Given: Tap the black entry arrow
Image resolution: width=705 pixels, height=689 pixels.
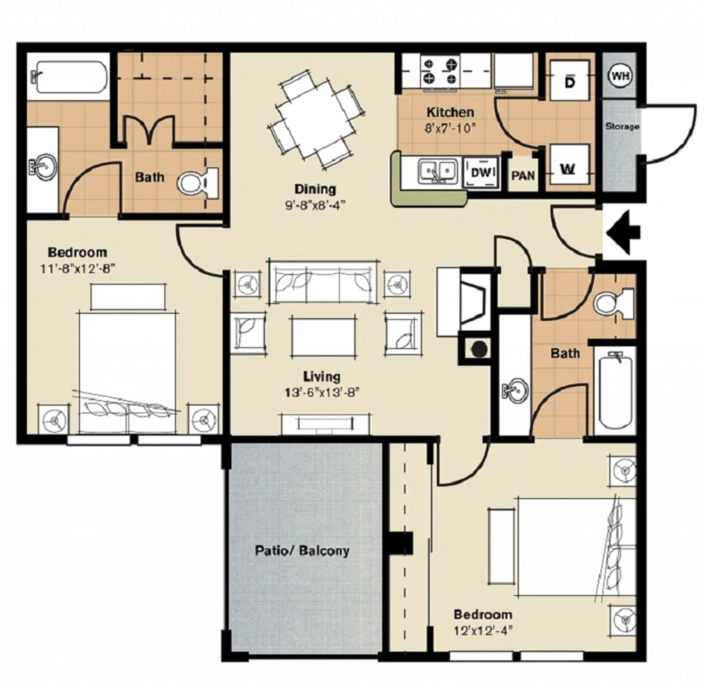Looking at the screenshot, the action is click(623, 233).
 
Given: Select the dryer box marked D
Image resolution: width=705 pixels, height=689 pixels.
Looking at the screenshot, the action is click(570, 81).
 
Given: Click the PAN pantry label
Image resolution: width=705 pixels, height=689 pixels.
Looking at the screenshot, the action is click(523, 176).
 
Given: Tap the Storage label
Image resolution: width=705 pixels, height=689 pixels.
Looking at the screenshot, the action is click(622, 126).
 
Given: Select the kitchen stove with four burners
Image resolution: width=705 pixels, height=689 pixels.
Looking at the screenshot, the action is click(440, 71).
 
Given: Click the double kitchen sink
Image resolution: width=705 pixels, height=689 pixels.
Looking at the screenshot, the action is click(437, 171).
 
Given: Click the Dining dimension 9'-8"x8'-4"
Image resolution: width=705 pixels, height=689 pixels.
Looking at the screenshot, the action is click(315, 205).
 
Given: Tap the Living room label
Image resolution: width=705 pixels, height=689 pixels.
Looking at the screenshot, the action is click(321, 377).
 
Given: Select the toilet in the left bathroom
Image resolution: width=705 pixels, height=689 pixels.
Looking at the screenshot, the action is click(198, 183).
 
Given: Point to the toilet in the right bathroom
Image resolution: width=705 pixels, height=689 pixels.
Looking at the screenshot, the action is click(614, 303).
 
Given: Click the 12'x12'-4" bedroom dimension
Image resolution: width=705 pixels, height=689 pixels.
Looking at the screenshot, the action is click(483, 631).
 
